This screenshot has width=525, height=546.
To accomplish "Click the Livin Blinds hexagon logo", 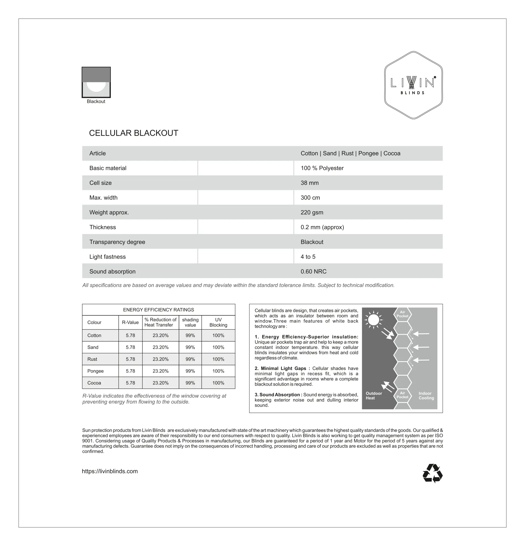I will click(x=413, y=85).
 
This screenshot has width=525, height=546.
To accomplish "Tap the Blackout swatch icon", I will click(x=96, y=83).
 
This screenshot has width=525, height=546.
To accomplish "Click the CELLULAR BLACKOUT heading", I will click(x=133, y=133).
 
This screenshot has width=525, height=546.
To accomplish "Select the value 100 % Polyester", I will click(x=322, y=168).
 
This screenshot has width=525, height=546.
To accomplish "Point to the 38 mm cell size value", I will click(x=310, y=183).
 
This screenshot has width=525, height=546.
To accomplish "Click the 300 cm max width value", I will click(x=310, y=198).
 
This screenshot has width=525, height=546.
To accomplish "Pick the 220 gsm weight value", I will click(x=312, y=213).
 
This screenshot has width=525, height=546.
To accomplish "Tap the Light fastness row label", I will click(x=107, y=257).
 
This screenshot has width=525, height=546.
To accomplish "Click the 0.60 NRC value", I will click(x=314, y=272).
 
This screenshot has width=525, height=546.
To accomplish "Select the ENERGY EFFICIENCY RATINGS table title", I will click(x=158, y=310).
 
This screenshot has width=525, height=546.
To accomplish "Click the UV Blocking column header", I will click(x=218, y=322).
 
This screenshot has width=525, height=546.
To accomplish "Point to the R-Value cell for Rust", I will click(x=130, y=359).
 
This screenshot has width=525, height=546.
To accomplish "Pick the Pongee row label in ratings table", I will click(x=95, y=371).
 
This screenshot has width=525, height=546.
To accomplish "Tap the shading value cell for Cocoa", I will click(x=190, y=383).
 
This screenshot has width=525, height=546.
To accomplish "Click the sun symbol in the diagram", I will click(x=373, y=320).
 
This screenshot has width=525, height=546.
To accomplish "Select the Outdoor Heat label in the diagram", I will click(x=373, y=396).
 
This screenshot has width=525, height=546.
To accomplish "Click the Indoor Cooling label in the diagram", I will click(x=426, y=396).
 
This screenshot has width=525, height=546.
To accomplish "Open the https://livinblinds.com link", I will click(x=110, y=471).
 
